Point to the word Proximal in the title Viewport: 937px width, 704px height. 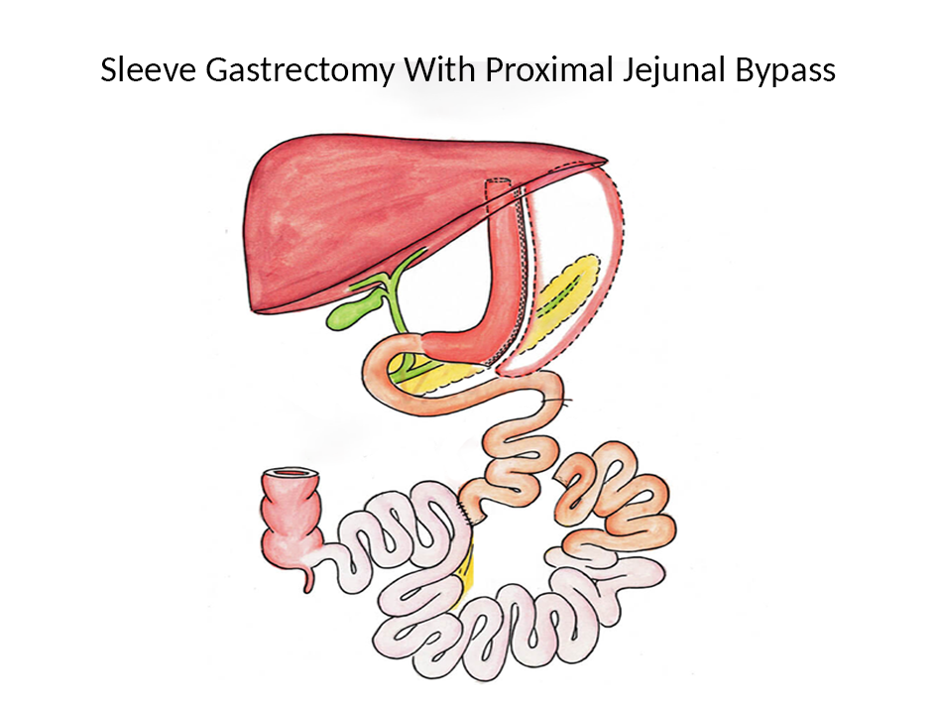pyautogui.click(x=533, y=71)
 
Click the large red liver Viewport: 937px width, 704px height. pyautogui.click(x=357, y=213)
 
